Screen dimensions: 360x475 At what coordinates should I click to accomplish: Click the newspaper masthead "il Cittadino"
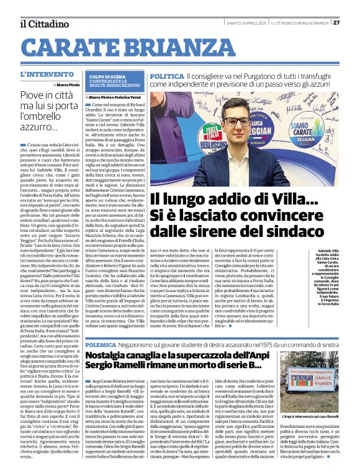(x=44, y=24)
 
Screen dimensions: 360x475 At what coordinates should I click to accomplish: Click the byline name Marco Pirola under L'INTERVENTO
(x=70, y=84)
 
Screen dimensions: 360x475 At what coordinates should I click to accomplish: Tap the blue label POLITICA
(x=167, y=76)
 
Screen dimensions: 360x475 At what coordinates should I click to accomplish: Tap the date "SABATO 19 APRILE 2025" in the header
(x=248, y=24)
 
